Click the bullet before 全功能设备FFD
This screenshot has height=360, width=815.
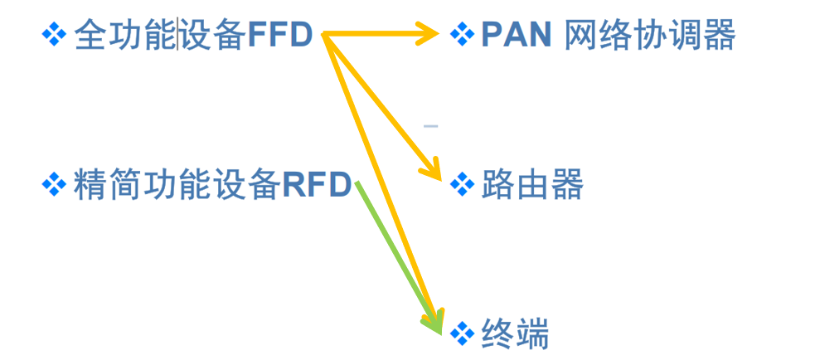coord(54,34)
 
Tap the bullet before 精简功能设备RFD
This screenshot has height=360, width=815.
coord(54,184)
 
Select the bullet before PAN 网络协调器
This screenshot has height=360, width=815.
coord(461,34)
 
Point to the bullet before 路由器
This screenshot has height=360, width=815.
coord(461,184)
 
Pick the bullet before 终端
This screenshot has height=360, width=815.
coord(461,333)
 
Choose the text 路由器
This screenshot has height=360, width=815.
coord(532,185)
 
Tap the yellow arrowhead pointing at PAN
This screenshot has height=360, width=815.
coord(429,34)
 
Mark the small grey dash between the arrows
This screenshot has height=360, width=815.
coord(430,126)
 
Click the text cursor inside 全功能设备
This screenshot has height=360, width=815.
coord(179,35)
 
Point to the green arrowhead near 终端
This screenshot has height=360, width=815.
coord(435,322)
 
